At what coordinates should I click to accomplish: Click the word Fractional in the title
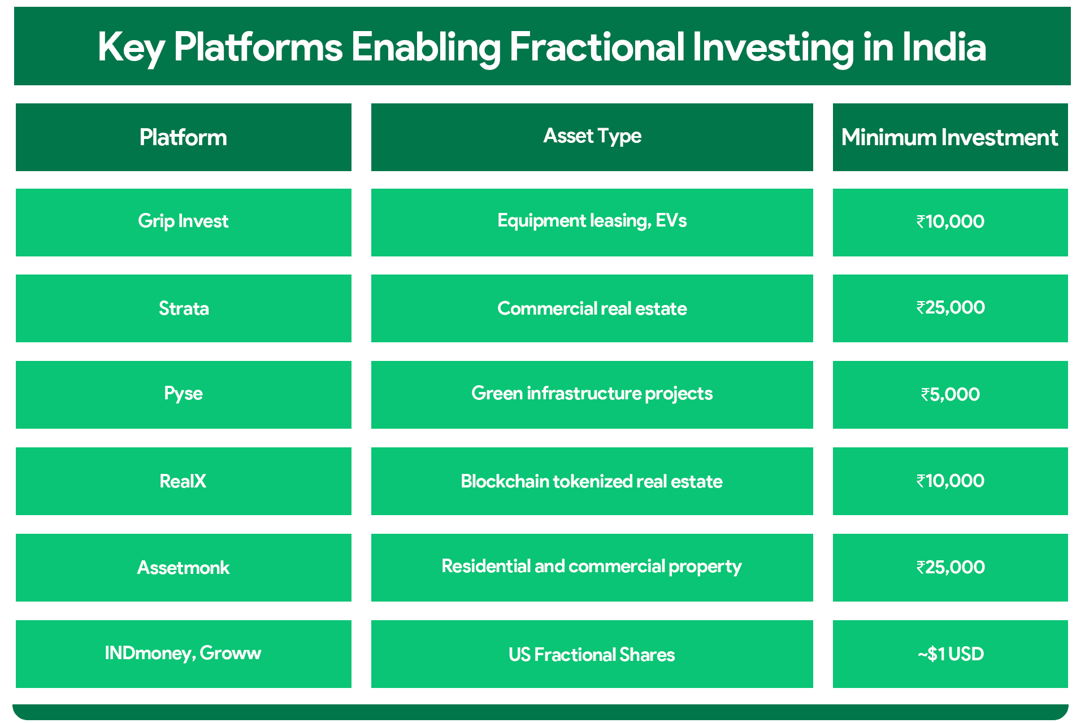[x=596, y=47]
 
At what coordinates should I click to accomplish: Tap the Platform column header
[x=183, y=137]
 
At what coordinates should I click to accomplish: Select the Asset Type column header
[x=592, y=136]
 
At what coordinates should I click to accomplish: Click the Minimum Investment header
[x=949, y=137]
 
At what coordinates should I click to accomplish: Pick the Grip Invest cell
[x=183, y=221]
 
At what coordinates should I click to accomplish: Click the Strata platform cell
[x=183, y=308]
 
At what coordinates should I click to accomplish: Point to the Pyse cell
[x=183, y=393]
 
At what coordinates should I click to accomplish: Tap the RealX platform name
[x=183, y=481]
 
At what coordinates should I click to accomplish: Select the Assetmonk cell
[x=183, y=567]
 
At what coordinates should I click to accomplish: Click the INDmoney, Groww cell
[x=183, y=653]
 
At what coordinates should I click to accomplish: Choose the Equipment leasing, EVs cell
[x=592, y=221]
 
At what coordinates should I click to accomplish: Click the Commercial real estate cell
[x=592, y=308]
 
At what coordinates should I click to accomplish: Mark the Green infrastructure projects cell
[x=592, y=393]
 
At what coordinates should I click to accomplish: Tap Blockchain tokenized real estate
[x=592, y=481]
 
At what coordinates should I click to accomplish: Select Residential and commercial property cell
[x=592, y=566]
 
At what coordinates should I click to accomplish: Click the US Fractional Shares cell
[x=592, y=654]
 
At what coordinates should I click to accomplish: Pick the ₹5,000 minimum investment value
[x=950, y=394]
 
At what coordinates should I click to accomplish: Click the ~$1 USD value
[x=950, y=654]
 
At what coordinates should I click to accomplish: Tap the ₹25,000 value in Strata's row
[x=950, y=307]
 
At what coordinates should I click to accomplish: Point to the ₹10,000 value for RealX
[x=950, y=481]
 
